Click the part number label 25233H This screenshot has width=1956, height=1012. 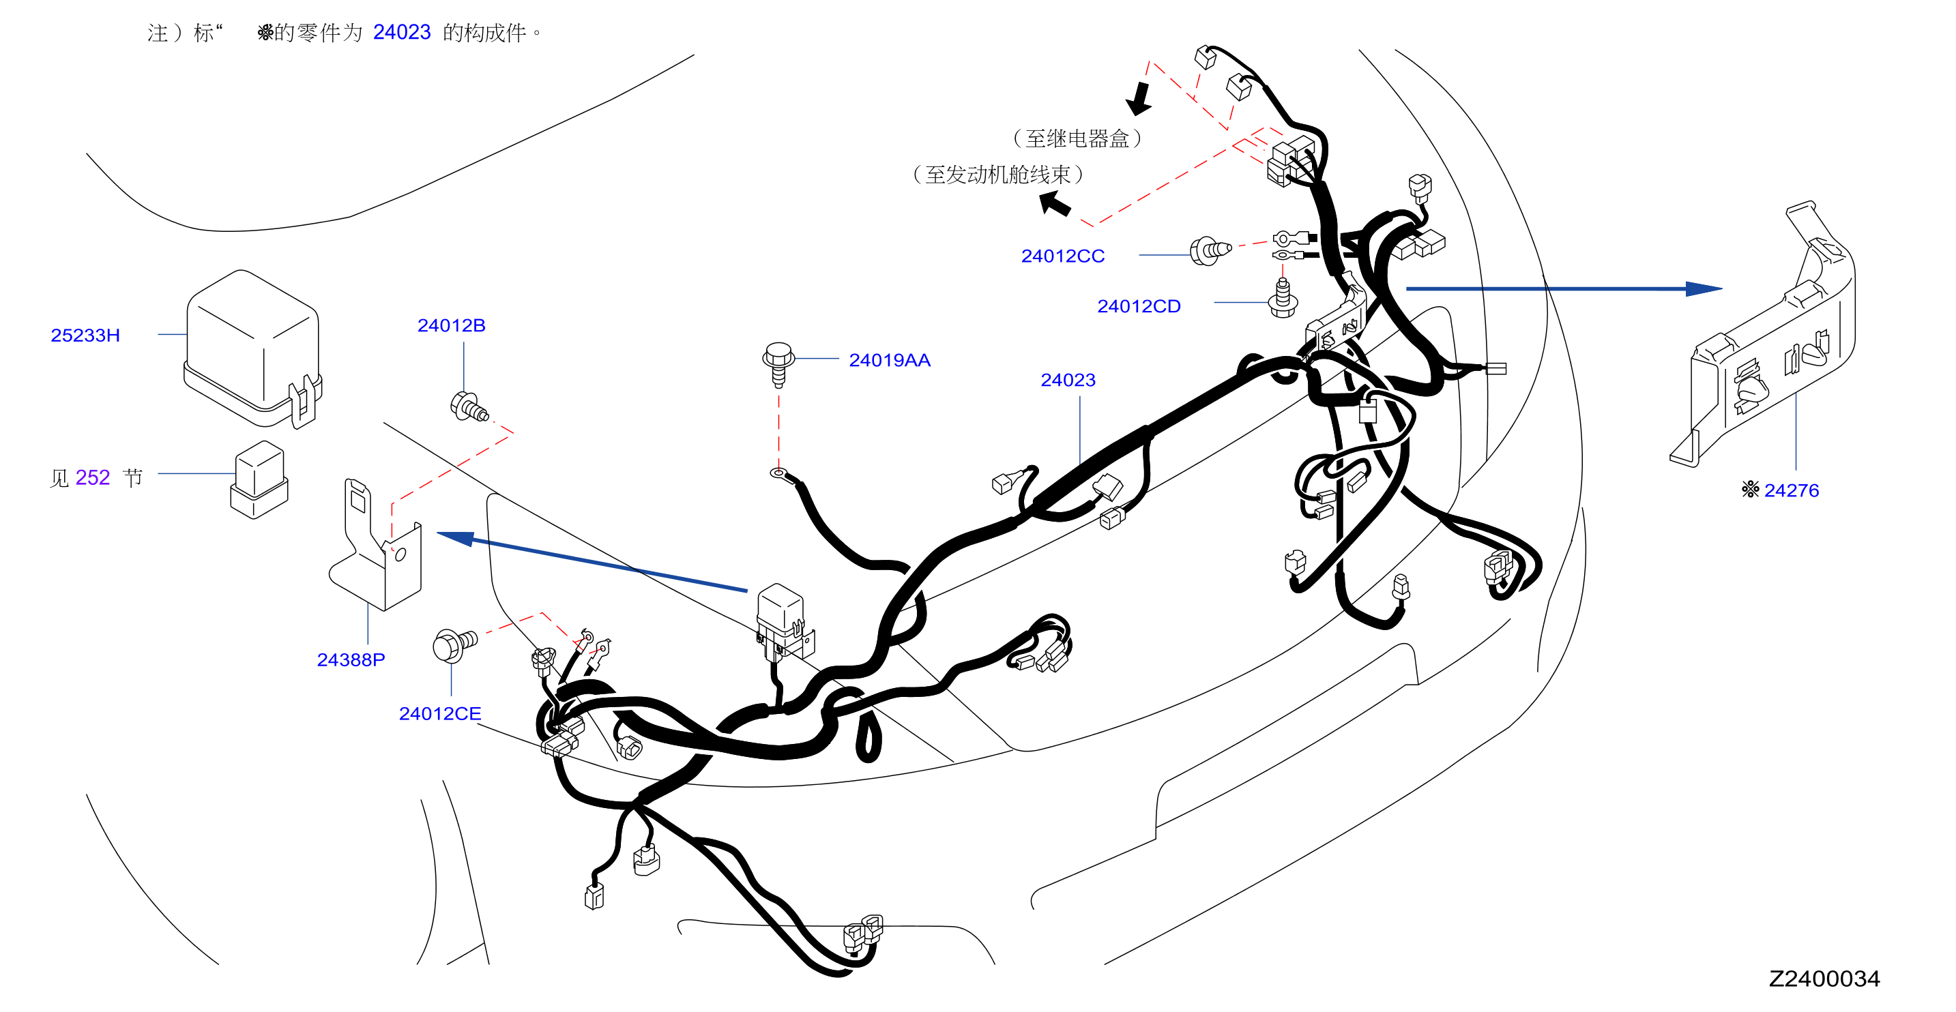point(85,335)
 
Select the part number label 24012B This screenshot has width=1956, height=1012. point(451,325)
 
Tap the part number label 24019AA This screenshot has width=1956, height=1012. point(889,360)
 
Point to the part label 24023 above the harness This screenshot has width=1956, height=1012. point(1068,380)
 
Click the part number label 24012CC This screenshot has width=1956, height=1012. point(1062,256)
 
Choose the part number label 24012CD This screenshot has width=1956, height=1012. point(1138,306)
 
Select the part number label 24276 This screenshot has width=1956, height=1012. point(1791,490)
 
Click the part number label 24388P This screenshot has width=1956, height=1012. point(351,659)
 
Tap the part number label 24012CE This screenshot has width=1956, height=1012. point(439,713)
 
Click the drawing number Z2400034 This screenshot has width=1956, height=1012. point(1824,978)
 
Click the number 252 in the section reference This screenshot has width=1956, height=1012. point(93,477)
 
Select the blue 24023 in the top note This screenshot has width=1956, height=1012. point(402,32)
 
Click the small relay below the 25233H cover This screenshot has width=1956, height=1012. point(259,480)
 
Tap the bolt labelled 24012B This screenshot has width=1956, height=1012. point(469,407)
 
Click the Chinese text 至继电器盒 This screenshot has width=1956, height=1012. point(1077,138)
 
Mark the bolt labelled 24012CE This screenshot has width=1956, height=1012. point(454,644)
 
